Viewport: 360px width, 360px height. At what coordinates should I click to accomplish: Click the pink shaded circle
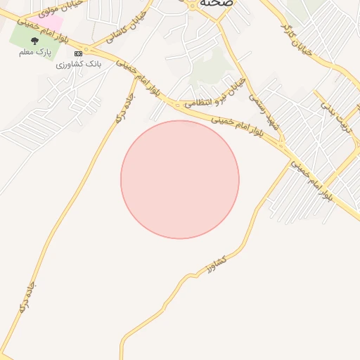180,179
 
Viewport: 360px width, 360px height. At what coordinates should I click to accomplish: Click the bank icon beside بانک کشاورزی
78,53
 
